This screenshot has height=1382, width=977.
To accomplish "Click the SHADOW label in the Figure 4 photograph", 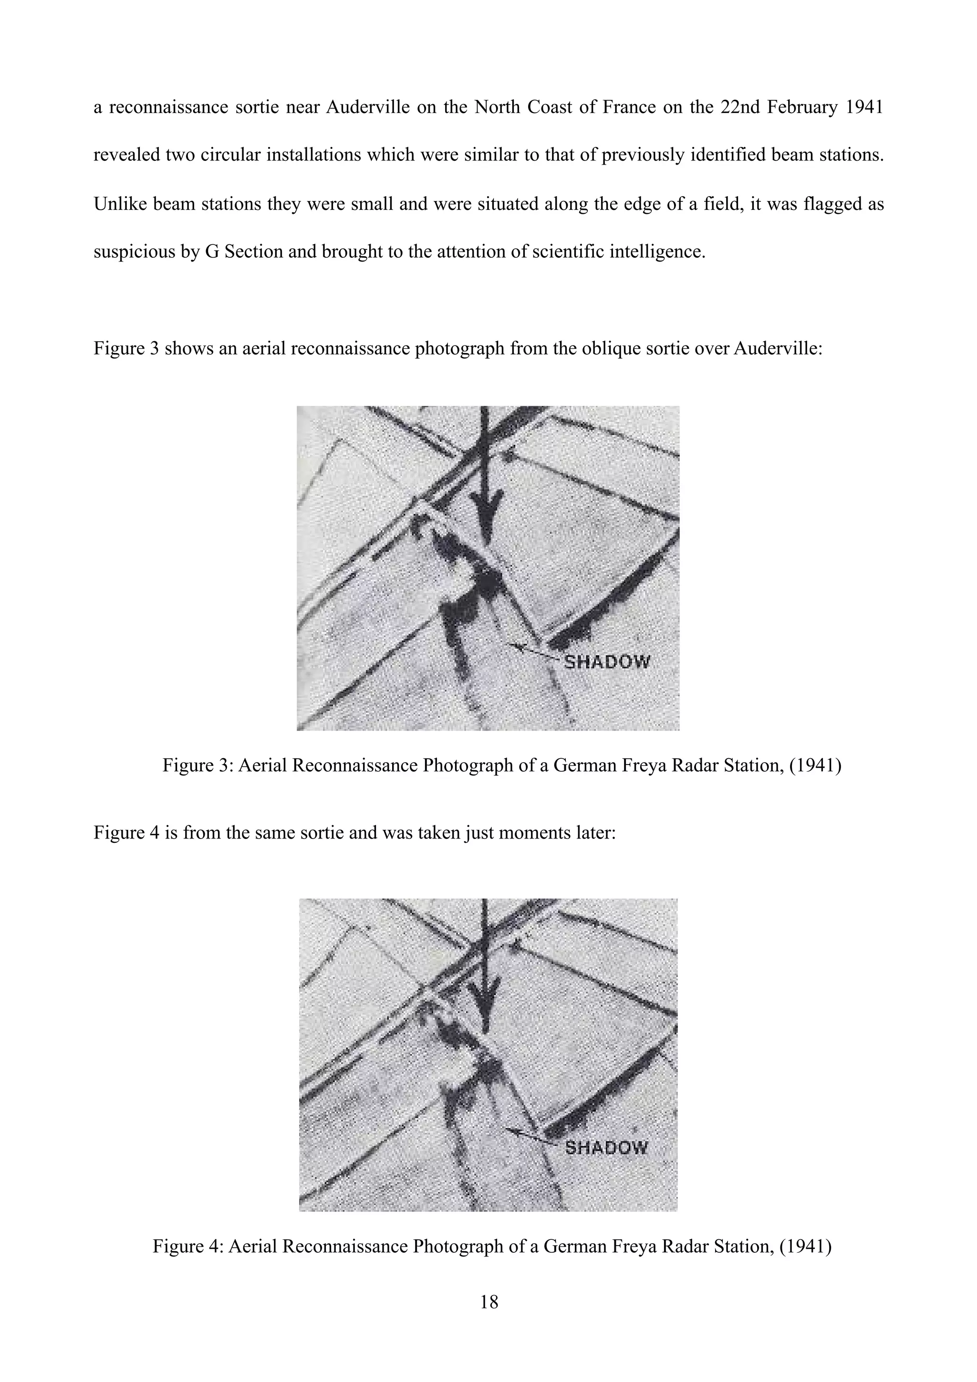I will pos(607,1147).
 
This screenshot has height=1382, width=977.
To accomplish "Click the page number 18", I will pos(489,1302).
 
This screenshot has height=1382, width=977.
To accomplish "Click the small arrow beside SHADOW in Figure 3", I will pos(532,652).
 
